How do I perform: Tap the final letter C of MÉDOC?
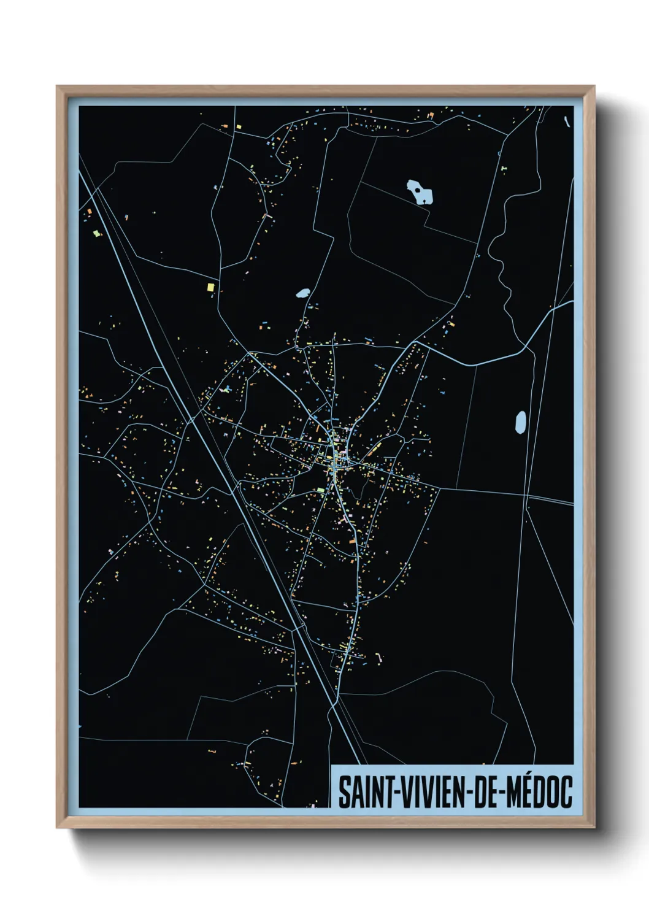pos(567,792)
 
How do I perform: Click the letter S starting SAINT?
pos(344,792)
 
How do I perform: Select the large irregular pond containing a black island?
pos(420,192)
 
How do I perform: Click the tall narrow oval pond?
pos(521,422)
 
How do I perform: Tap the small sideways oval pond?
pos(302,293)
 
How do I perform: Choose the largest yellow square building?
pos(210,287)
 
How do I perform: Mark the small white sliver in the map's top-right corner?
pos(566,121)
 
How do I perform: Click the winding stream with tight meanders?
pos(500,270)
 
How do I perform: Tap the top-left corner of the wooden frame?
pos(57,87)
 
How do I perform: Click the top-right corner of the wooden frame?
pos(594,87)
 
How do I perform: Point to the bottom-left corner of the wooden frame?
pos(57,826)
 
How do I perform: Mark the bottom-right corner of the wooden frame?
pos(594,826)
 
